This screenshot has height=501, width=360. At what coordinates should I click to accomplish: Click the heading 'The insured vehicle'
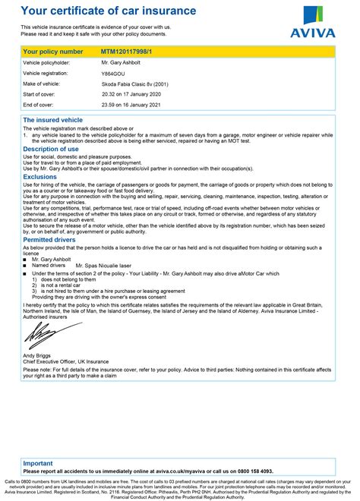[x=53, y=120]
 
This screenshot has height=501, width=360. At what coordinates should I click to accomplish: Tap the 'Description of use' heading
[x=50, y=150]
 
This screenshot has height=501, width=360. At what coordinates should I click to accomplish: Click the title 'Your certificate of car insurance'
[x=108, y=11]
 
